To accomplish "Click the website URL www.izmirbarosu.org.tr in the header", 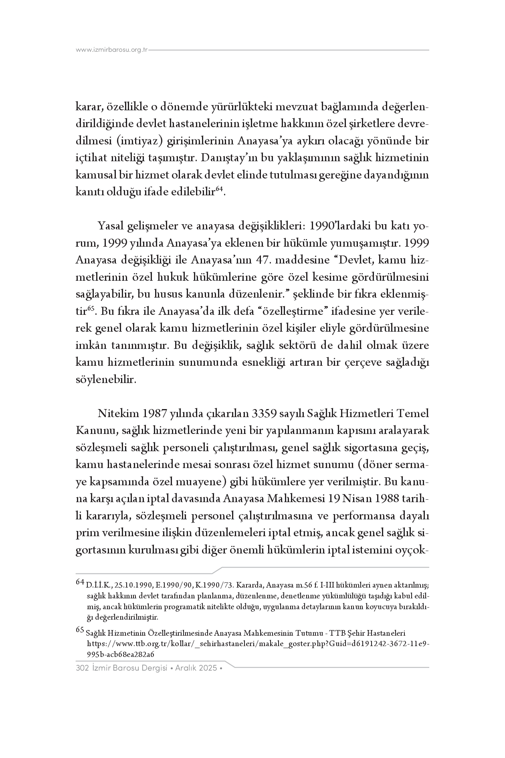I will [x=112, y=50].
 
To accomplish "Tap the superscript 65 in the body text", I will [x=91, y=309].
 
